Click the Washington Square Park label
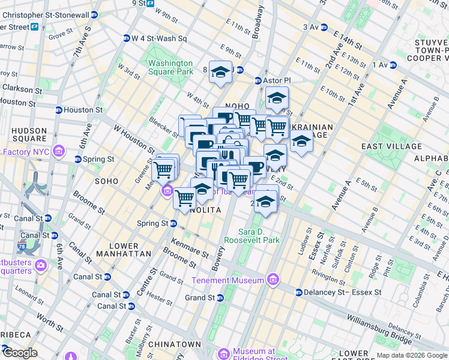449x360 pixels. (170, 67)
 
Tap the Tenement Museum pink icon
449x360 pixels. (273, 280)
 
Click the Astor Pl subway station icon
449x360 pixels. (259, 80)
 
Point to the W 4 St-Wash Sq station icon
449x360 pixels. (126, 38)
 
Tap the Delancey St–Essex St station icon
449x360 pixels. (298, 292)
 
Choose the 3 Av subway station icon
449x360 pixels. (324, 27)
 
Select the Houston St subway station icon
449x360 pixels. (58, 110)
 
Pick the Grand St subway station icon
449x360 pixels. (220, 298)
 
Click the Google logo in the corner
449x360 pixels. (20, 353)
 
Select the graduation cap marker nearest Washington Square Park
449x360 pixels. (220, 73)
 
